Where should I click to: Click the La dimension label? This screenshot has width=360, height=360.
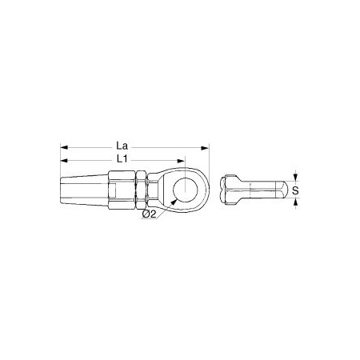tap(122, 146)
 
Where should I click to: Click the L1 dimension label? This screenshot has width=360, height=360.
tap(122, 159)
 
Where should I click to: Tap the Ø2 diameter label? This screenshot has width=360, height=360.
tap(149, 214)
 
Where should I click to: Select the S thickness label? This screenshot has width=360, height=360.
tap(295, 190)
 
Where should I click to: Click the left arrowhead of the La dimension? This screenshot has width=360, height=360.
tap(64, 148)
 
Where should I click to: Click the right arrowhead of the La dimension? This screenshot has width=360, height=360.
tap(205, 148)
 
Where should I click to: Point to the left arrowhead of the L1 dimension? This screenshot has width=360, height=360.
tap(64, 161)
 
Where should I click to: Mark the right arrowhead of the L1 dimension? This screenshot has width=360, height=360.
tap(181, 161)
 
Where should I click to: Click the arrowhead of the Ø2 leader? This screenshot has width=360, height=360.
tap(173, 202)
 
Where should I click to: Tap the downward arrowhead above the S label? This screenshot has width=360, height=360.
tap(295, 177)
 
